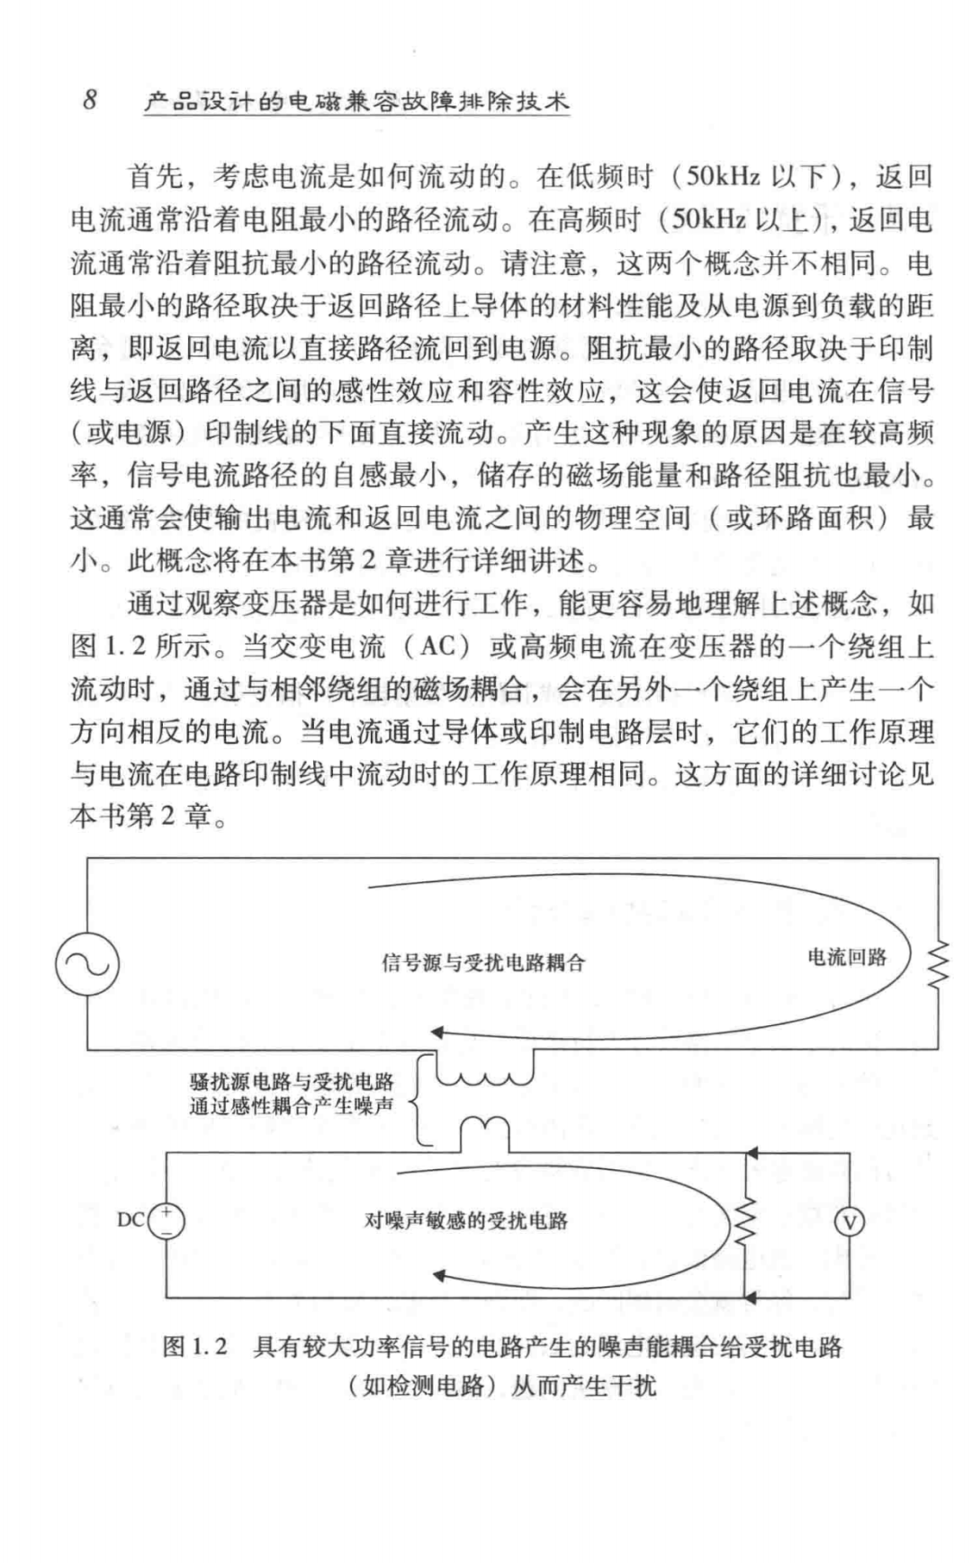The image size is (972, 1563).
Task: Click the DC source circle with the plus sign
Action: [x=166, y=1221]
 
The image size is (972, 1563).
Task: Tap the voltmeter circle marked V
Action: [x=849, y=1221]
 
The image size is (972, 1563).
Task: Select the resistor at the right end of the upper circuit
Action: [x=939, y=964]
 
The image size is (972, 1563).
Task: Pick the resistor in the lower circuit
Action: [x=745, y=1221]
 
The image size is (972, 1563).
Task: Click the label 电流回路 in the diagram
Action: [x=846, y=958]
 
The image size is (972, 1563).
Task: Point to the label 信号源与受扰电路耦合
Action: [x=483, y=963]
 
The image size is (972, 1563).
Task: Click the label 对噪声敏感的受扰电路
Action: [x=466, y=1220]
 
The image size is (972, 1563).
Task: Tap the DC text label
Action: [x=130, y=1220]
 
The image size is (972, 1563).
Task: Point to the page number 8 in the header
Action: [x=90, y=100]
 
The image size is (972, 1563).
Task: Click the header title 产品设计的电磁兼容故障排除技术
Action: [x=356, y=102]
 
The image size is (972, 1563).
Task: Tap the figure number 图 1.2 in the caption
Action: [x=194, y=1347]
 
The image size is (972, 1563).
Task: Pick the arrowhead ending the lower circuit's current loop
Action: [x=441, y=1274]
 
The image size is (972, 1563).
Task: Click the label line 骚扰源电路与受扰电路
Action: [x=292, y=1083]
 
